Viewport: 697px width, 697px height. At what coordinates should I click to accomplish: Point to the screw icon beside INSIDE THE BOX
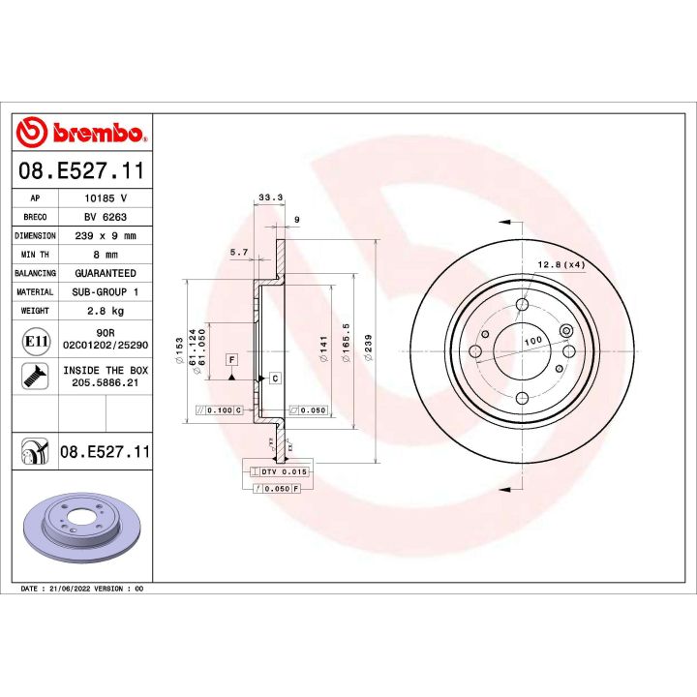[x=35, y=378]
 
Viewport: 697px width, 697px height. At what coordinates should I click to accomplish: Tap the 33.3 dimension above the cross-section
[x=269, y=198]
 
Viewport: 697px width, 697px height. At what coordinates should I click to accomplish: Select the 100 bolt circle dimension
[x=531, y=342]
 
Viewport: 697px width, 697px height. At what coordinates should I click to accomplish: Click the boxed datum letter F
[x=232, y=359]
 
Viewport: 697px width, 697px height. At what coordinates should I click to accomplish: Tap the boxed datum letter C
[x=275, y=378]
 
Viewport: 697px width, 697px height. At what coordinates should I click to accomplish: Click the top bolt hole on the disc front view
[x=522, y=306]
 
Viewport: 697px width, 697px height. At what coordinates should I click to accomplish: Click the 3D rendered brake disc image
[x=83, y=530]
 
